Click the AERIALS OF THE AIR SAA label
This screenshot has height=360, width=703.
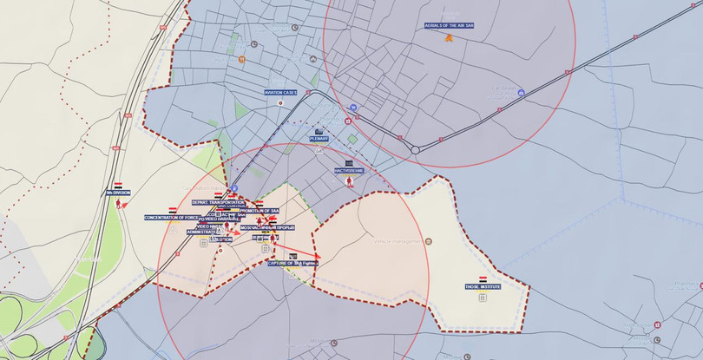click(x=450, y=26)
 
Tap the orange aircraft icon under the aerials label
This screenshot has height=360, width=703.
click(x=449, y=37)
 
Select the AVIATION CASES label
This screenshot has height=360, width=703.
click(x=281, y=92)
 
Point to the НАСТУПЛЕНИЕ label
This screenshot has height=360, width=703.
click(x=349, y=171)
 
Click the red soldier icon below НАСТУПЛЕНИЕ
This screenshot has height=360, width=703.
click(x=349, y=183)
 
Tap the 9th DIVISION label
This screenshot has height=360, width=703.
click(x=118, y=193)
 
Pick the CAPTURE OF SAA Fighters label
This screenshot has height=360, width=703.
click(x=293, y=262)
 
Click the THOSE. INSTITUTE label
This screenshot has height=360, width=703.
click(x=483, y=285)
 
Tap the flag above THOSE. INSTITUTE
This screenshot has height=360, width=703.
click(x=483, y=278)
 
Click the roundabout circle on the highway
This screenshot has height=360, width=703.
click(x=416, y=149)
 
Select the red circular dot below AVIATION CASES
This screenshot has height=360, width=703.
click(x=280, y=102)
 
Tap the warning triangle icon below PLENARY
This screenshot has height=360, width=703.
click(x=319, y=148)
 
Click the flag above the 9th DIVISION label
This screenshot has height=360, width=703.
click(x=118, y=185)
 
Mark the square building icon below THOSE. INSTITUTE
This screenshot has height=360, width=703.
click(x=483, y=297)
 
